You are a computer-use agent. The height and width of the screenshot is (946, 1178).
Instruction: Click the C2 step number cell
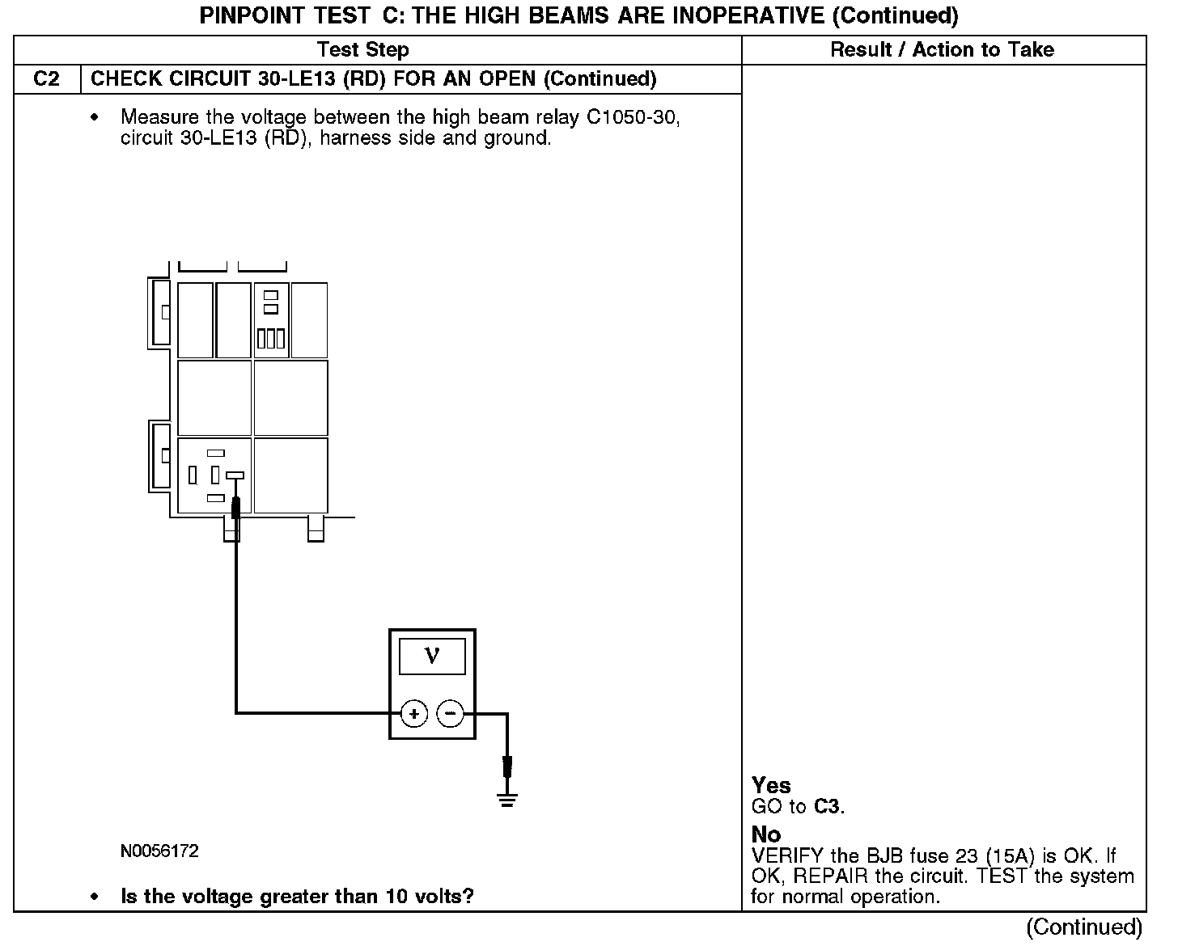click(47, 79)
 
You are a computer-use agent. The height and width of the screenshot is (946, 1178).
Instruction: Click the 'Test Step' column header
click(363, 50)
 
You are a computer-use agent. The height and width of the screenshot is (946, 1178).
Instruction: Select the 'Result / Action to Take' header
click(942, 50)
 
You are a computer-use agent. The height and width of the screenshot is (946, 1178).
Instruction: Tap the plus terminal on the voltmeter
click(414, 714)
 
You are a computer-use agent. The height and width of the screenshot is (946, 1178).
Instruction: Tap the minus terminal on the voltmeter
click(450, 714)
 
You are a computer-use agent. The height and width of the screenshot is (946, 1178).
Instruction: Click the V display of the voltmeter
click(432, 656)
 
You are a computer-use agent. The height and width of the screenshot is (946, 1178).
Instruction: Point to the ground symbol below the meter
click(507, 801)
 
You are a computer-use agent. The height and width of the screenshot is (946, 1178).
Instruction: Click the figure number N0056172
click(159, 851)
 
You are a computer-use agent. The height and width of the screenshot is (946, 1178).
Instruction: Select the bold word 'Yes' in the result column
click(771, 785)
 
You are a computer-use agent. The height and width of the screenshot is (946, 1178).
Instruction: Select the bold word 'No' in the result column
click(766, 834)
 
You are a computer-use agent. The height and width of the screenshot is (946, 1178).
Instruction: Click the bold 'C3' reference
click(828, 806)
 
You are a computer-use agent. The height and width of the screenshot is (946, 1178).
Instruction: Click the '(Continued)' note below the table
click(1084, 927)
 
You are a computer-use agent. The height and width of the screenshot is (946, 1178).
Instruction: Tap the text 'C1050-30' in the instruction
click(633, 118)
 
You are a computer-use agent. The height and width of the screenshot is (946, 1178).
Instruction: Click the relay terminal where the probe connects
click(235, 475)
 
